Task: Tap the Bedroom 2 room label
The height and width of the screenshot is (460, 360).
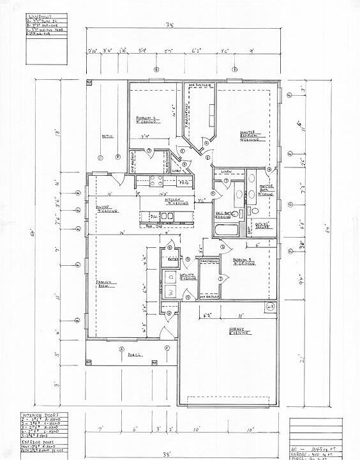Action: (147, 119)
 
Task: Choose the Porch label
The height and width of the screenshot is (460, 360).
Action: (133, 354)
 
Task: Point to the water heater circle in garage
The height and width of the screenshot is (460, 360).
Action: (270, 308)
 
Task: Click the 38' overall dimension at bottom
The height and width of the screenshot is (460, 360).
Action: (149, 454)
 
